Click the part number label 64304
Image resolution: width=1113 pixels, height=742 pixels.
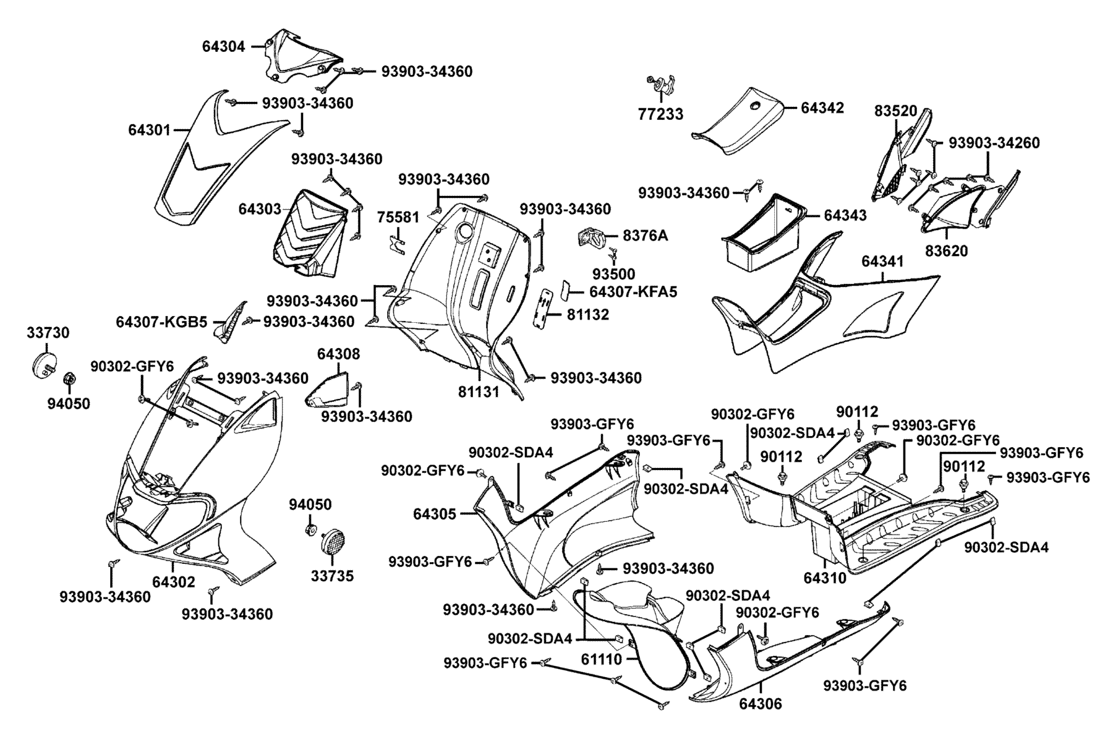[224, 46]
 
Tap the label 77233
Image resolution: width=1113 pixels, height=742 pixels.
[660, 114]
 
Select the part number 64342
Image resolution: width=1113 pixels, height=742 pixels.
[822, 108]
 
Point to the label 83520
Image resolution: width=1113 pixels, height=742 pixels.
[895, 111]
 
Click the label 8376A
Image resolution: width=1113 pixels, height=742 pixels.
[645, 236]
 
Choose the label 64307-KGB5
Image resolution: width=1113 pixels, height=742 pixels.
[161, 322]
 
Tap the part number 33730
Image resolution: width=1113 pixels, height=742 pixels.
[48, 333]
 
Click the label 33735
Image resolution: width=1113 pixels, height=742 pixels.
[332, 576]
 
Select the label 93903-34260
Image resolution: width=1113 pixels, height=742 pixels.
[994, 143]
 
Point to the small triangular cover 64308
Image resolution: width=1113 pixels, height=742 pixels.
[328, 389]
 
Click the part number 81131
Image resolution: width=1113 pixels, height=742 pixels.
[479, 391]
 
